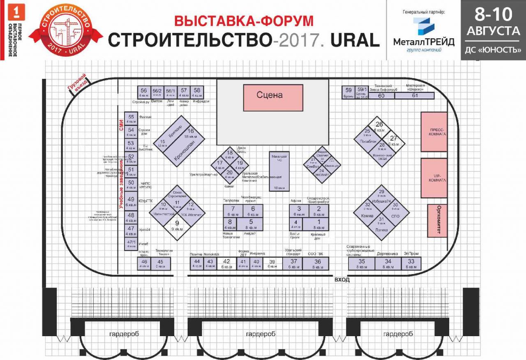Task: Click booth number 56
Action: pyautogui.click(x=143, y=92)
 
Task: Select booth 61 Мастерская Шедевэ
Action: pyautogui.click(x=415, y=96)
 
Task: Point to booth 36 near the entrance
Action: pyautogui.click(x=318, y=263)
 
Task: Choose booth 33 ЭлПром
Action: pyautogui.click(x=411, y=263)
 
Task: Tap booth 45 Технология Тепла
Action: pyautogui.click(x=160, y=263)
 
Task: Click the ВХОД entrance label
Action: pyautogui.click(x=342, y=280)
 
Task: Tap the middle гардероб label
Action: pyautogui.click(x=261, y=334)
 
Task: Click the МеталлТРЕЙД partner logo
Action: pyautogui.click(x=423, y=35)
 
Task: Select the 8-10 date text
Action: pyautogui.click(x=493, y=14)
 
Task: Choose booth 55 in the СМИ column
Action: pyautogui.click(x=131, y=118)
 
